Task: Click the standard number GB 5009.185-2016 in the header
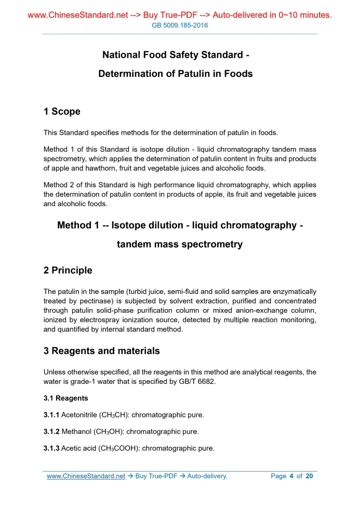pos(179,25)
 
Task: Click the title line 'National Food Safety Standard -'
pos(176,55)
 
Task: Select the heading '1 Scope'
pos(62,112)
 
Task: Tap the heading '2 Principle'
pos(68,271)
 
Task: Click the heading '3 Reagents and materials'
pos(102,351)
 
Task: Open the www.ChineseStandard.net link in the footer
pos(86,476)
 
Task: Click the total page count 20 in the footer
pos(309,476)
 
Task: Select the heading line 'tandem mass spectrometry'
pos(180,244)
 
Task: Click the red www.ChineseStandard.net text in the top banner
pos(77,15)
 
